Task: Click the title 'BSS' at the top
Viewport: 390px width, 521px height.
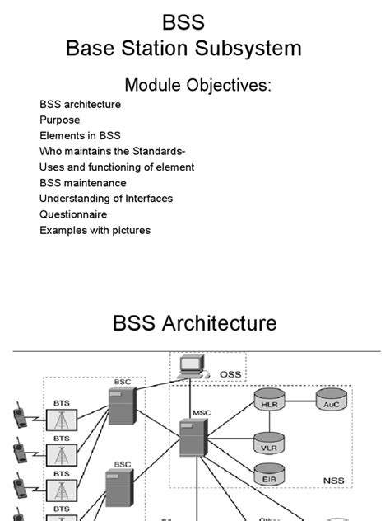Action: (x=183, y=22)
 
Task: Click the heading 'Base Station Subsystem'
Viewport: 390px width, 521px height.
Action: (x=183, y=49)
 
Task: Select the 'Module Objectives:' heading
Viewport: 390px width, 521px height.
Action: (x=197, y=85)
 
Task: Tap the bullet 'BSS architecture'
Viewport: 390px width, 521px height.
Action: (x=80, y=105)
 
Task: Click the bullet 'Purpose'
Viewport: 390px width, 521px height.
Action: (x=59, y=120)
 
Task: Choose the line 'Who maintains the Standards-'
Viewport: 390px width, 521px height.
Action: (x=112, y=152)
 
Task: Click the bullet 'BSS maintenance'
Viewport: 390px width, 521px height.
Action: (x=82, y=183)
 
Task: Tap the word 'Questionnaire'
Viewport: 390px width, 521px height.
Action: (x=73, y=214)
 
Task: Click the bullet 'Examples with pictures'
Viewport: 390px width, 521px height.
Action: (x=95, y=230)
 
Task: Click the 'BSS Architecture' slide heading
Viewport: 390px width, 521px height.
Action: (x=194, y=323)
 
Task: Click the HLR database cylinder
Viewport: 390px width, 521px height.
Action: (x=268, y=403)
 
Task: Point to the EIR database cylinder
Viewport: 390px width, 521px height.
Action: (x=268, y=476)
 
